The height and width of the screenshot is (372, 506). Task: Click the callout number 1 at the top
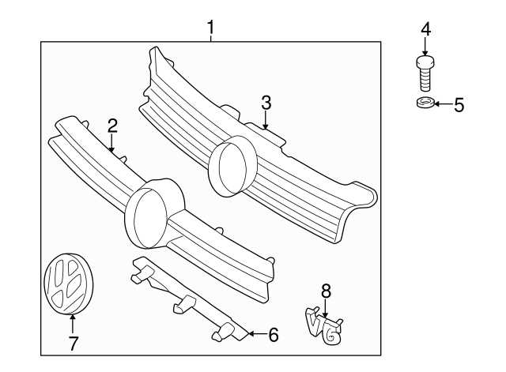(x=210, y=29)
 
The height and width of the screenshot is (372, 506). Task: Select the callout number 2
(x=112, y=125)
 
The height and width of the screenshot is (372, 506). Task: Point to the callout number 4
(x=425, y=29)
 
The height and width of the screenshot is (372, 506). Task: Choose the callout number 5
(x=459, y=104)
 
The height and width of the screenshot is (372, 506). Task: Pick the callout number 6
(x=273, y=335)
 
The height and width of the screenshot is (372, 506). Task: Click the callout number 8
(x=325, y=291)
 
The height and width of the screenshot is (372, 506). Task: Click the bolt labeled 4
(x=425, y=73)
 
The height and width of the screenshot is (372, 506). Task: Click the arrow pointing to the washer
(x=443, y=104)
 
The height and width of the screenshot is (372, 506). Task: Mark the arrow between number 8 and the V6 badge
(x=325, y=309)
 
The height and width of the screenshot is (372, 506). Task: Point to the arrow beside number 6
(x=255, y=335)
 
